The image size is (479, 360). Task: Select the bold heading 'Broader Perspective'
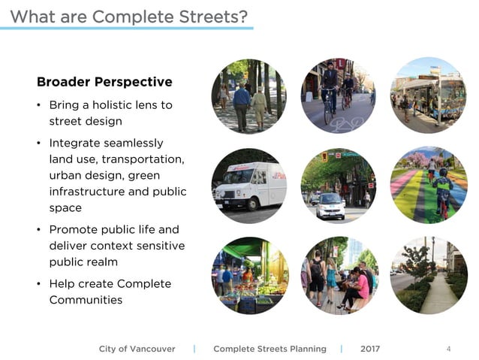click(x=104, y=82)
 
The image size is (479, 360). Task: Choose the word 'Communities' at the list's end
click(x=86, y=300)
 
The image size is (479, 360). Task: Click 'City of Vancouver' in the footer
click(x=137, y=349)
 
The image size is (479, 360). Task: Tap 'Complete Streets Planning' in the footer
click(x=270, y=349)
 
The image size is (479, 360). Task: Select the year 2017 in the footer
click(x=370, y=349)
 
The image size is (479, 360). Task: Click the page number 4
click(x=448, y=349)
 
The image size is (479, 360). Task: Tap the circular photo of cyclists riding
click(x=339, y=95)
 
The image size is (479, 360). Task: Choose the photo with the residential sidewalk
click(x=429, y=275)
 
